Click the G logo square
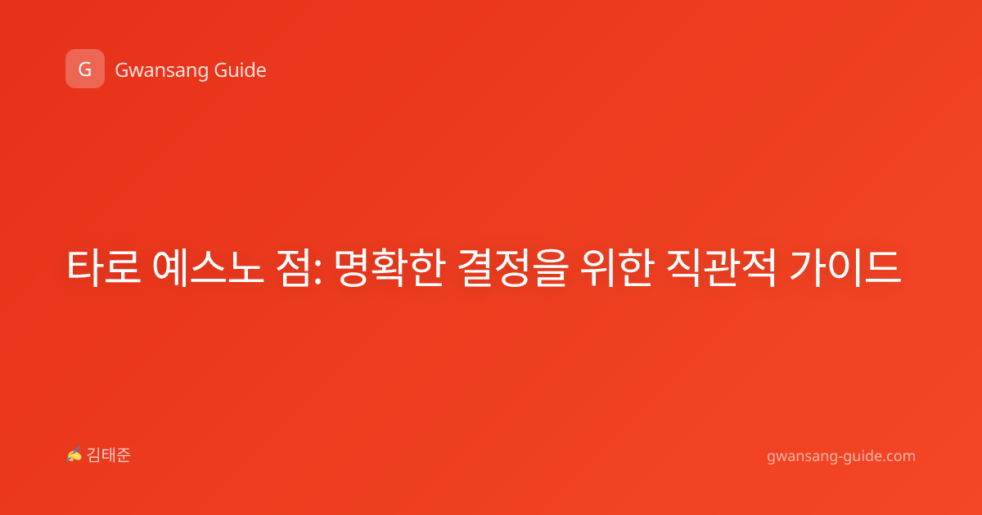tap(85, 69)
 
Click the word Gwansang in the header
tap(161, 71)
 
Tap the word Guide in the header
tap(241, 70)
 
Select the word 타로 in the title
tap(103, 267)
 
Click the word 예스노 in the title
tap(208, 267)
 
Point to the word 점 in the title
tap(294, 267)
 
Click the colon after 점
tap(318, 273)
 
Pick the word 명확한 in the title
tap(390, 267)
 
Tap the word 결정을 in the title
tap(513, 267)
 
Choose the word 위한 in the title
tap(616, 267)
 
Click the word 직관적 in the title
tap(721, 267)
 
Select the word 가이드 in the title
tap(845, 267)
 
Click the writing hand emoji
tap(74, 455)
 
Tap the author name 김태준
tap(109, 455)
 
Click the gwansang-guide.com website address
tap(841, 457)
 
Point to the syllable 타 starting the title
tap(84, 267)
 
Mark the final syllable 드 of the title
tap(883, 268)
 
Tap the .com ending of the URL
tap(899, 457)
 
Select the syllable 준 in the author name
tap(124, 455)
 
